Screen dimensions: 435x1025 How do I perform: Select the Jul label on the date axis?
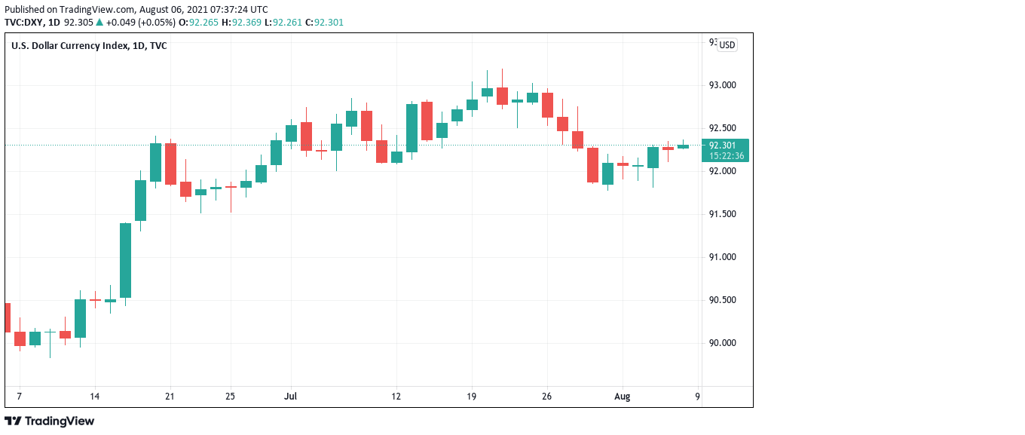(290, 396)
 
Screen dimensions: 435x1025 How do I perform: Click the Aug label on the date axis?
(622, 396)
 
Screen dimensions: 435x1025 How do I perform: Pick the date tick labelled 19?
(472, 396)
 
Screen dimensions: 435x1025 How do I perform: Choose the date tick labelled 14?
(94, 396)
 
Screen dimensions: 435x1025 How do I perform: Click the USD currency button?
(727, 45)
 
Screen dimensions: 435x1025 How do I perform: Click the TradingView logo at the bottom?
(50, 421)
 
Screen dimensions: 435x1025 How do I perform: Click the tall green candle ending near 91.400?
(125, 260)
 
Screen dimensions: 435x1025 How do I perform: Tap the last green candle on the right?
(683, 146)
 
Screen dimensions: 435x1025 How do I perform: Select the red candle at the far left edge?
(7, 317)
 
